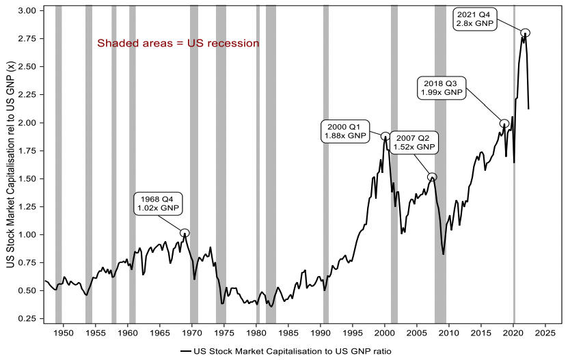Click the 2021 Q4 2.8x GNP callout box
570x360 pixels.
coord(476,18)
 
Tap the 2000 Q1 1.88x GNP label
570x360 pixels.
coord(346,130)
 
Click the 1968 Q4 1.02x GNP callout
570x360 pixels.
coord(157,204)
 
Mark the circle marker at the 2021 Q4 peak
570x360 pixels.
coord(525,33)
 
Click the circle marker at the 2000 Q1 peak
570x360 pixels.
coord(385,136)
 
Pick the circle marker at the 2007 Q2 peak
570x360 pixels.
coord(432,177)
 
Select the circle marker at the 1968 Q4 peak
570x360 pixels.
coord(185,233)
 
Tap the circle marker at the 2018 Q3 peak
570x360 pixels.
coord(504,124)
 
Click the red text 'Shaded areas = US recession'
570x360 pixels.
coord(178,44)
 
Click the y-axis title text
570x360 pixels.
coord(10,164)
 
